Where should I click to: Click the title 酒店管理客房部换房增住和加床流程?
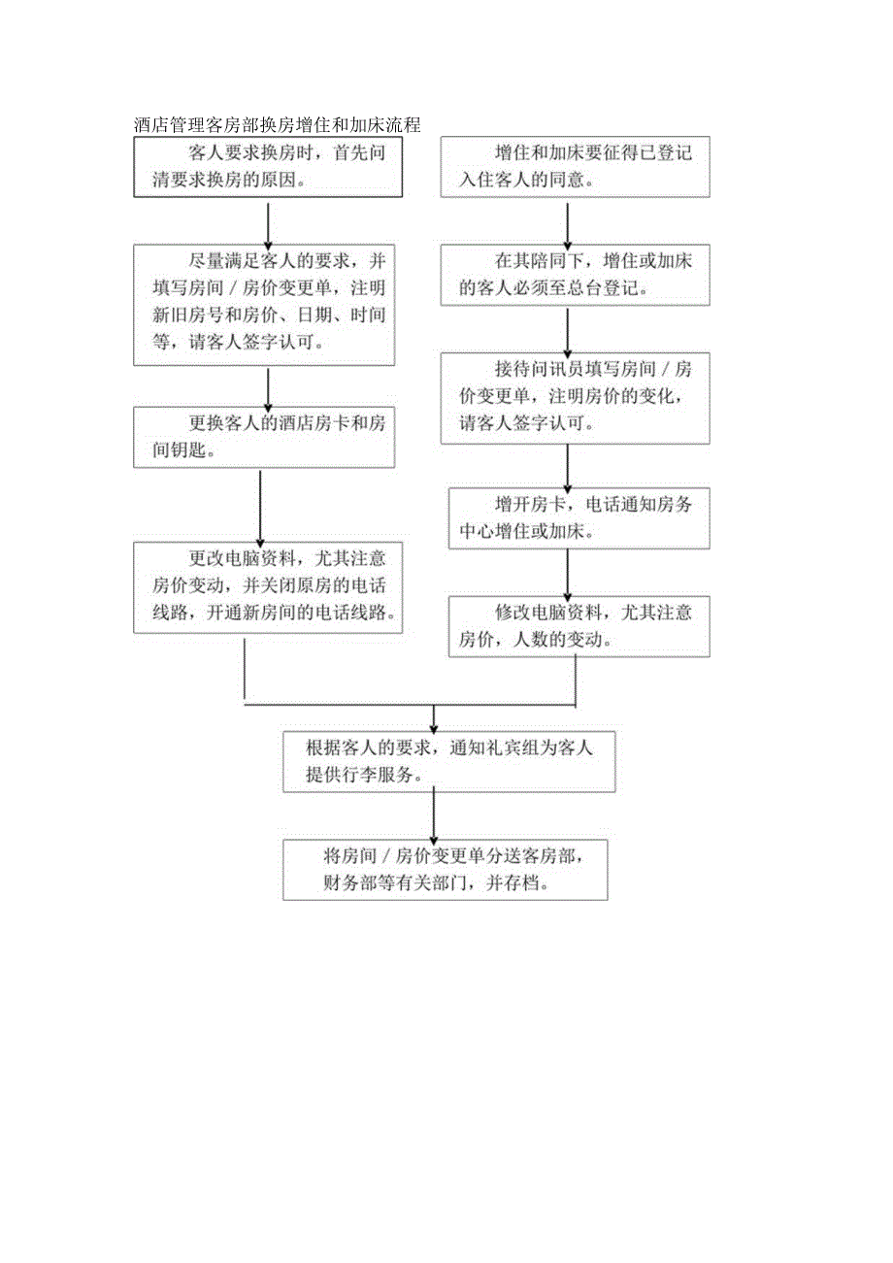(x=277, y=126)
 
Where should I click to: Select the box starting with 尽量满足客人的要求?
(x=264, y=303)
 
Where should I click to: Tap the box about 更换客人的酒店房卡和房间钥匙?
(x=264, y=437)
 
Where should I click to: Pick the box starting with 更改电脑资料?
(x=268, y=587)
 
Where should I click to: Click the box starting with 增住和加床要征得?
(x=576, y=167)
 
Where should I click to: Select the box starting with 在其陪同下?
(x=576, y=276)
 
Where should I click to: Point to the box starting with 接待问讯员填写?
(x=576, y=398)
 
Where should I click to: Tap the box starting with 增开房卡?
(x=579, y=517)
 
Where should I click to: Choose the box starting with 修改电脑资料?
(x=579, y=626)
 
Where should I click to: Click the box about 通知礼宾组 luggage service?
(x=448, y=760)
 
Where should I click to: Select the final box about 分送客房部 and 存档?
(x=446, y=870)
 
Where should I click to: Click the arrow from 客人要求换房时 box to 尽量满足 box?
(x=267, y=220)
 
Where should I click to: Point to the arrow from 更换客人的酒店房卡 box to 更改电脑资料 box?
(x=261, y=505)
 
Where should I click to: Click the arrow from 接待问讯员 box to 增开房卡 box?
(x=568, y=466)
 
